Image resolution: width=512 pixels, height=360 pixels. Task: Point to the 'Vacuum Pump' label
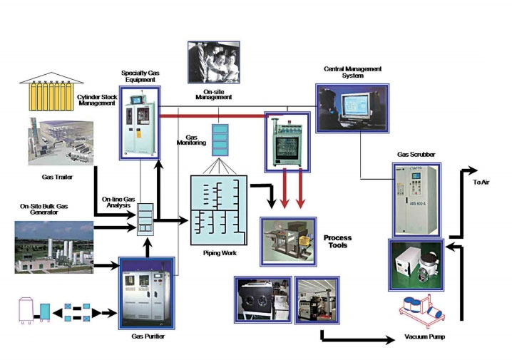426,334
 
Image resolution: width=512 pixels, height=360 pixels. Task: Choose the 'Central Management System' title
354,73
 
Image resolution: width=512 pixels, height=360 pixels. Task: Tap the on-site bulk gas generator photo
54,247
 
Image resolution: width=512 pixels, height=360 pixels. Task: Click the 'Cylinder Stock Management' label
97,98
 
